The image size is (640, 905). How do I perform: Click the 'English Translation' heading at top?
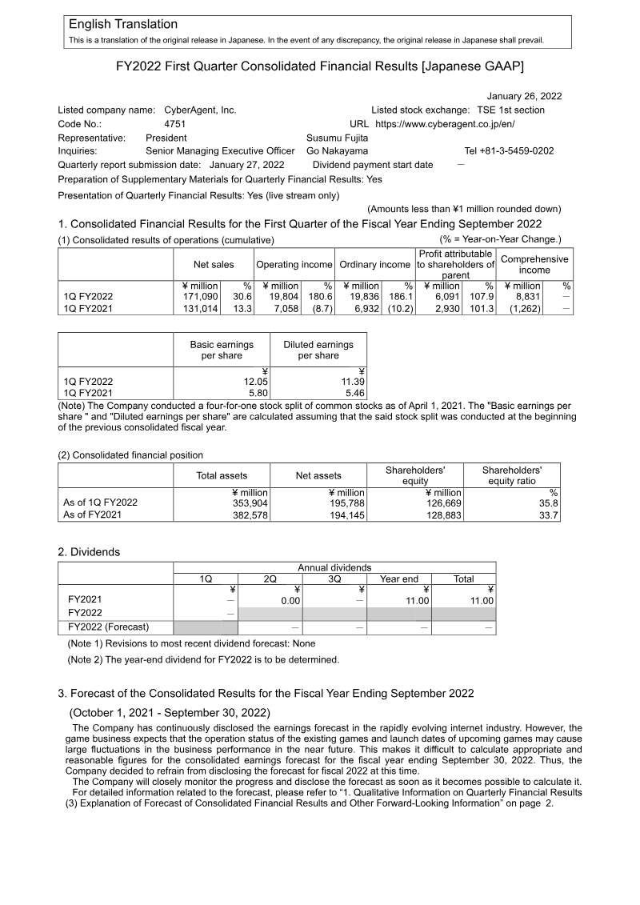tap(123, 25)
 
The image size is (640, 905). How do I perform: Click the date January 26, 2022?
tap(524, 96)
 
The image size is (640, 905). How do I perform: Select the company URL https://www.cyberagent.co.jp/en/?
tap(445, 124)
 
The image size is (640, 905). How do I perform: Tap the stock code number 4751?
tap(174, 124)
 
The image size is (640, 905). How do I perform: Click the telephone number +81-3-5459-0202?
tap(509, 150)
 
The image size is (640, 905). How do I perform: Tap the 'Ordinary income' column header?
tap(374, 264)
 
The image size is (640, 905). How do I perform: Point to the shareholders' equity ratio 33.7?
tap(547, 515)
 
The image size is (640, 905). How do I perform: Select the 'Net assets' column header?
tap(318, 475)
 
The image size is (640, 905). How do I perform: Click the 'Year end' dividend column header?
tap(399, 579)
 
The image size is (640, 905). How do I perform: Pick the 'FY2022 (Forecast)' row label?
tap(109, 627)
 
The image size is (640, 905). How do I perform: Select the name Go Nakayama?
tap(338, 150)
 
